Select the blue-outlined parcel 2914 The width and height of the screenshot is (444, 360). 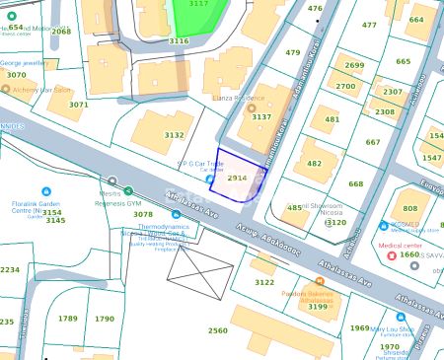click(x=237, y=179)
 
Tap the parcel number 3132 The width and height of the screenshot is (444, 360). click(x=174, y=135)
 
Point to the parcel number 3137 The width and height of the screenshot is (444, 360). click(x=261, y=116)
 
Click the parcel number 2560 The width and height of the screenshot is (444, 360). click(x=218, y=330)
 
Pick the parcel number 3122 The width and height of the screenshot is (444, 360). click(x=264, y=281)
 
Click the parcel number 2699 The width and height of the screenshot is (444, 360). click(x=354, y=66)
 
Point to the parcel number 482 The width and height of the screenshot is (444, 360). click(x=314, y=164)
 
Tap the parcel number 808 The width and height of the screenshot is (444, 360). click(x=409, y=208)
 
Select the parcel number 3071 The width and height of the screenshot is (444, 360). click(x=79, y=104)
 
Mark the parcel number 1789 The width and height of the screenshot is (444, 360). click(x=67, y=319)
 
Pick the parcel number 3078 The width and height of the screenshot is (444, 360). click(x=143, y=213)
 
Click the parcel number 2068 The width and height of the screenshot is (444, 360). click(x=61, y=32)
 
